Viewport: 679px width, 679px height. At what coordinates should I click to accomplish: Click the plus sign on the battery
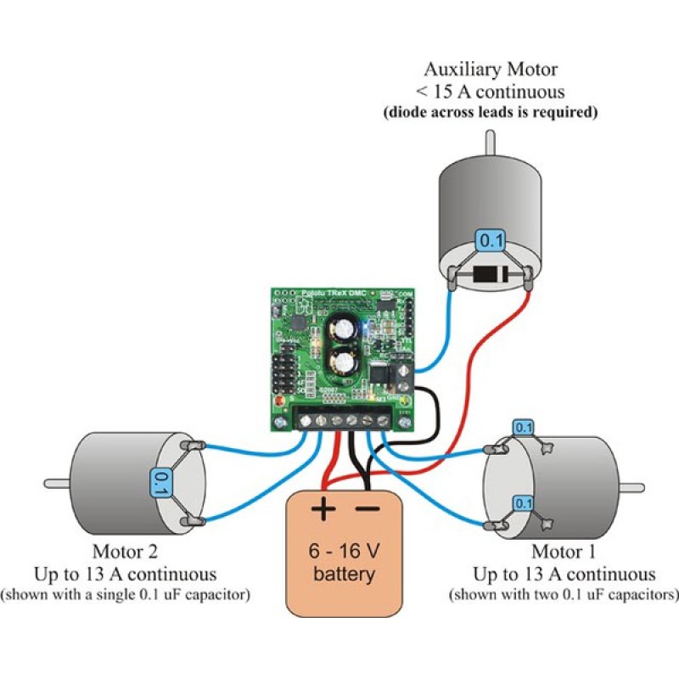323,509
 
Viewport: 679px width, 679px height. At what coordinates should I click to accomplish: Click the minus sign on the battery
368,509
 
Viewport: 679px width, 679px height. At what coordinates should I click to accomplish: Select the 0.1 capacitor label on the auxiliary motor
491,241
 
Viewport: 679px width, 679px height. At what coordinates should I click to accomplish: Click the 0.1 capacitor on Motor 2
159,483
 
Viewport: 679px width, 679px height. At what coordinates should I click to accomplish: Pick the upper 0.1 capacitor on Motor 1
524,428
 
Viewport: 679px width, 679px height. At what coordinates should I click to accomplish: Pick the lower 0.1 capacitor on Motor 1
524,503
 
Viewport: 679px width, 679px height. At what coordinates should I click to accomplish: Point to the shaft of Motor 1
631,487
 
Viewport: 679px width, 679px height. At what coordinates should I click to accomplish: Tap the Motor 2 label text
124,553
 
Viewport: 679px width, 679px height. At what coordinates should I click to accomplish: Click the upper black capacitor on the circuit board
346,328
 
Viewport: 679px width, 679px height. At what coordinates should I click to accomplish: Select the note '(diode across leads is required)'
490,112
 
